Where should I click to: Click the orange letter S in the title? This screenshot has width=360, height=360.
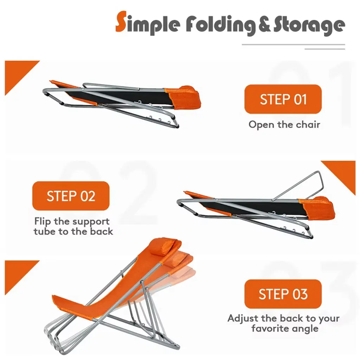click(x=121, y=21)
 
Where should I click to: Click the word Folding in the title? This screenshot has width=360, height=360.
click(x=220, y=25)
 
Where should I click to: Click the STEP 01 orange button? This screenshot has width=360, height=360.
click(x=283, y=99)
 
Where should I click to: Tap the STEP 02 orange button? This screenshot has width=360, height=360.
click(x=71, y=196)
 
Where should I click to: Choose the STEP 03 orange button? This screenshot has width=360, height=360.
click(x=283, y=294)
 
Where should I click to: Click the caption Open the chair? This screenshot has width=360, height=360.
click(x=284, y=125)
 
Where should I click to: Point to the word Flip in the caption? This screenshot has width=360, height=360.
click(x=43, y=221)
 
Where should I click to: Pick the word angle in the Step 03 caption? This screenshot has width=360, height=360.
click(x=307, y=329)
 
